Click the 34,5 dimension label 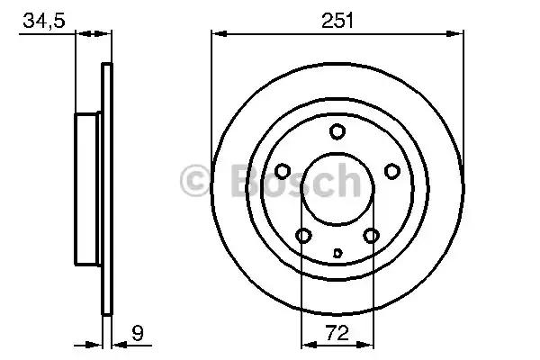44,21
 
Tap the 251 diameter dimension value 337,21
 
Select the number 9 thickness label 138,333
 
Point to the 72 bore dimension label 337,333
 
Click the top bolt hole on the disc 337,131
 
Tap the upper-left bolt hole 283,171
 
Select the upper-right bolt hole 392,171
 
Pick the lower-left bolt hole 304,236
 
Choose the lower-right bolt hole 371,236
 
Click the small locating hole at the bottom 337,253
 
